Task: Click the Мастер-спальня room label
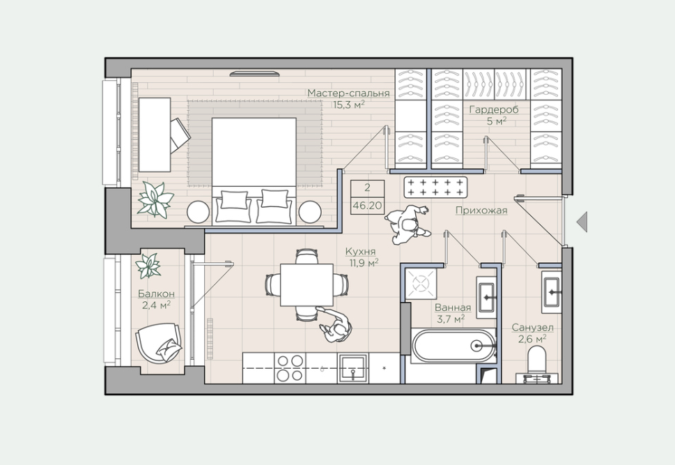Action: pyautogui.click(x=348, y=93)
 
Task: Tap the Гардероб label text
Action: pyautogui.click(x=494, y=109)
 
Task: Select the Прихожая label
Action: pyautogui.click(x=481, y=211)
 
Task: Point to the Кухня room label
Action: pyautogui.click(x=360, y=251)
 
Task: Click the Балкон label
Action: pyautogui.click(x=156, y=294)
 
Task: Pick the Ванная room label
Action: pyautogui.click(x=453, y=307)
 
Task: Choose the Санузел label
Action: pyautogui.click(x=532, y=328)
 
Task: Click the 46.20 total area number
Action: pyautogui.click(x=367, y=206)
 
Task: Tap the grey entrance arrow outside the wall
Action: pyautogui.click(x=582, y=222)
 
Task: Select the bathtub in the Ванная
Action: pyautogui.click(x=453, y=346)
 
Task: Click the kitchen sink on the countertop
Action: pyautogui.click(x=353, y=369)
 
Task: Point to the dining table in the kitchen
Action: pyautogui.click(x=306, y=285)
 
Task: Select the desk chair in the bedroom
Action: pyautogui.click(x=180, y=135)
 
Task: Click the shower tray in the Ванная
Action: pyautogui.click(x=419, y=283)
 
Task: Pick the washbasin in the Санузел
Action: pyautogui.click(x=551, y=292)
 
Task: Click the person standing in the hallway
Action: pyautogui.click(x=407, y=224)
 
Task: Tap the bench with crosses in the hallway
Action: pyautogui.click(x=435, y=187)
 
